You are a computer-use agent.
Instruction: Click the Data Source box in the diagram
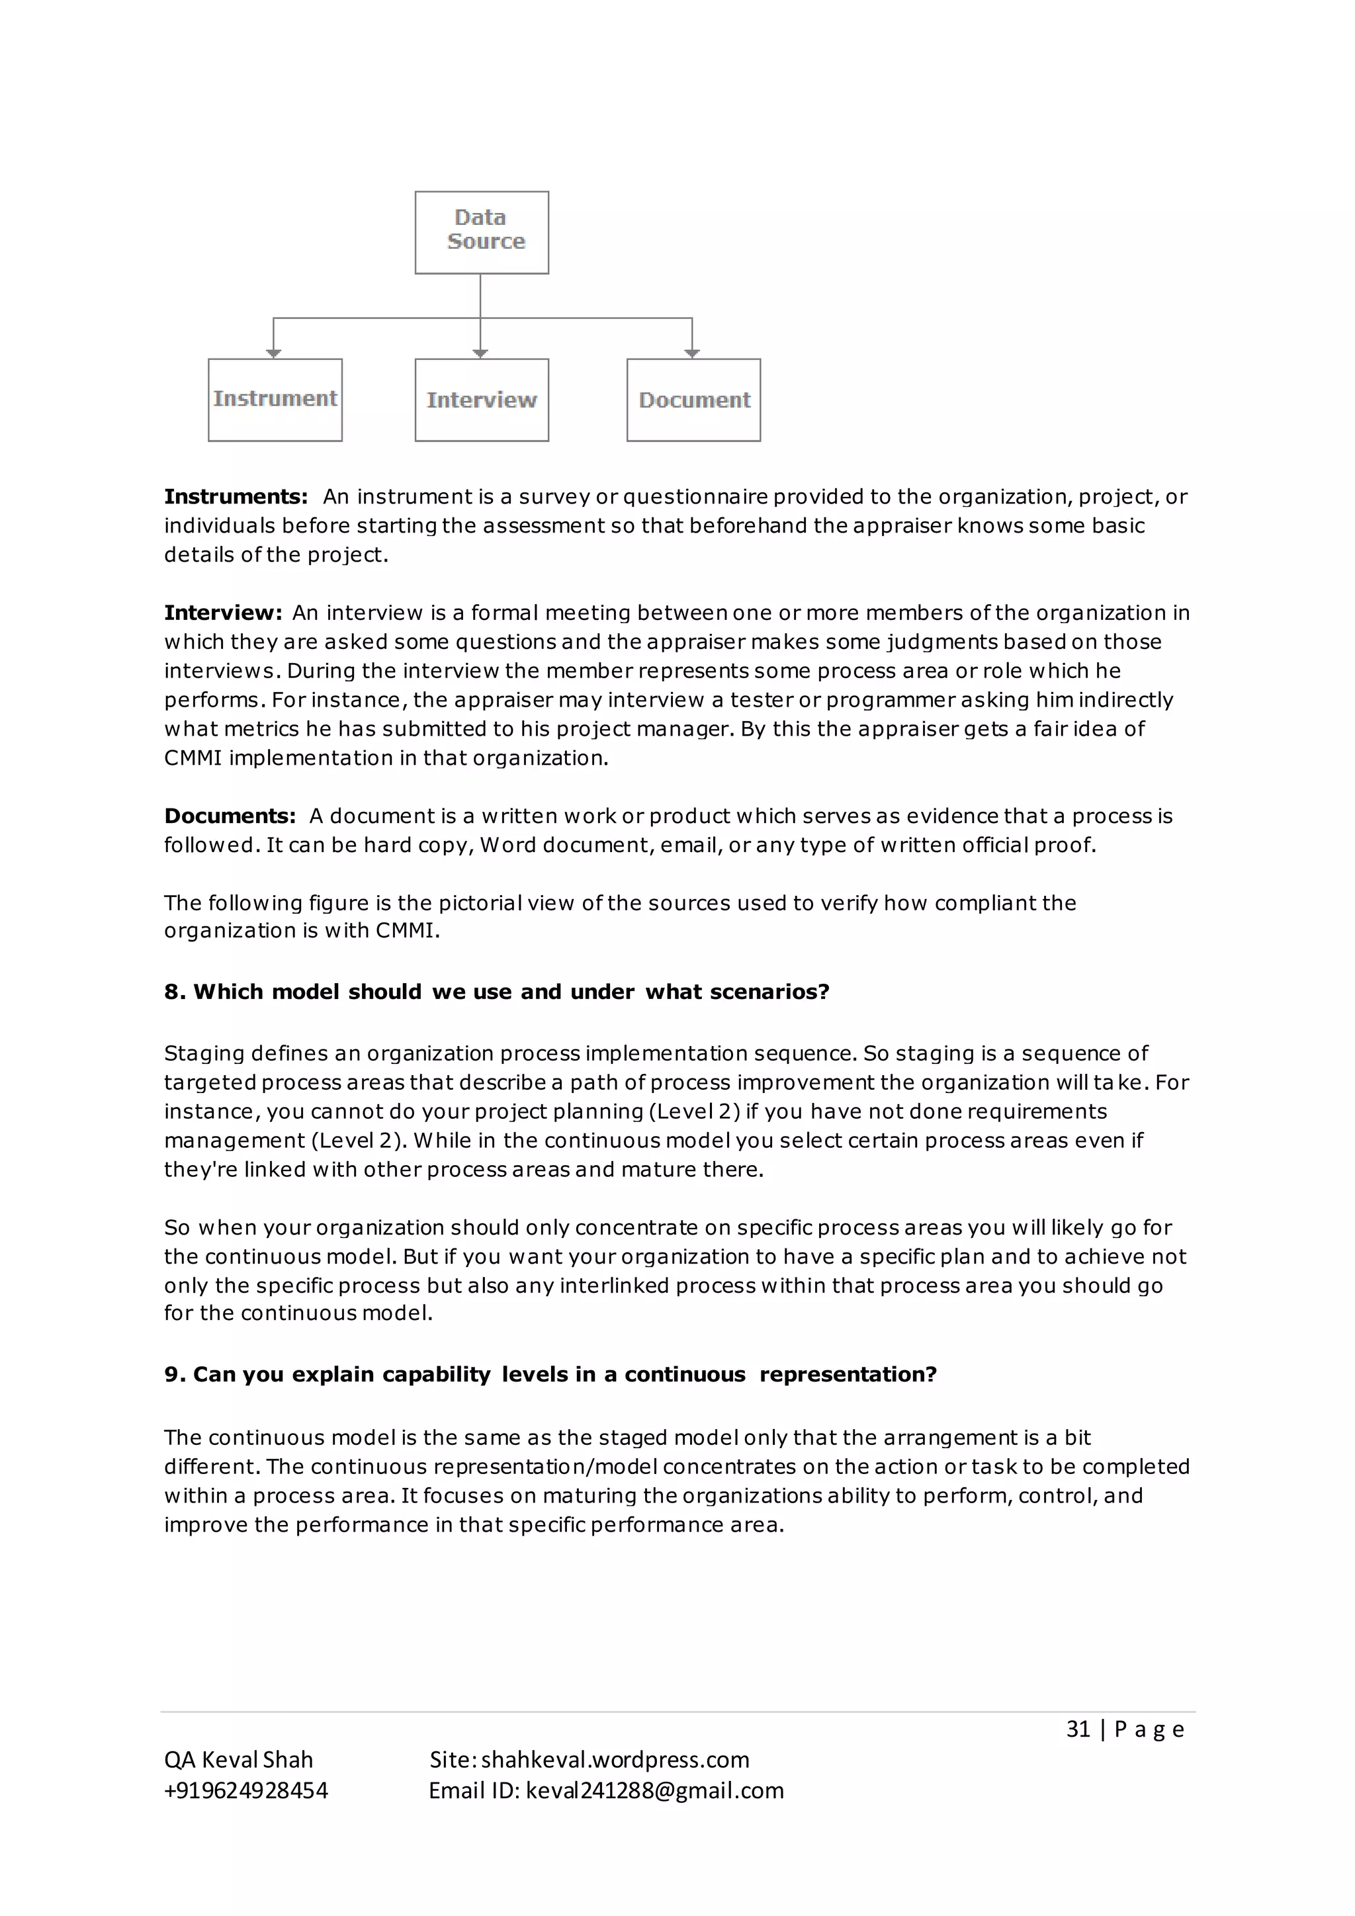[482, 232]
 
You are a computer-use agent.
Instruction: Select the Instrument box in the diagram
[275, 400]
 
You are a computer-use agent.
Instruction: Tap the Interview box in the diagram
[482, 400]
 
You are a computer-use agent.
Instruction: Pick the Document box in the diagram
[693, 400]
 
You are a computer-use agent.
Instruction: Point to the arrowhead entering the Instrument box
[274, 353]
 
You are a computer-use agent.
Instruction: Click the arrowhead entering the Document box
[691, 353]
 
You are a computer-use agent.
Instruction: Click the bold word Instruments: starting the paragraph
[236, 496]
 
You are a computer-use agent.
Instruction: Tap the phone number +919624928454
[246, 1791]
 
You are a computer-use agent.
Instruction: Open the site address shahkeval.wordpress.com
[615, 1760]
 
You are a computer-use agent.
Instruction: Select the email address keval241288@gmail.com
[655, 1791]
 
